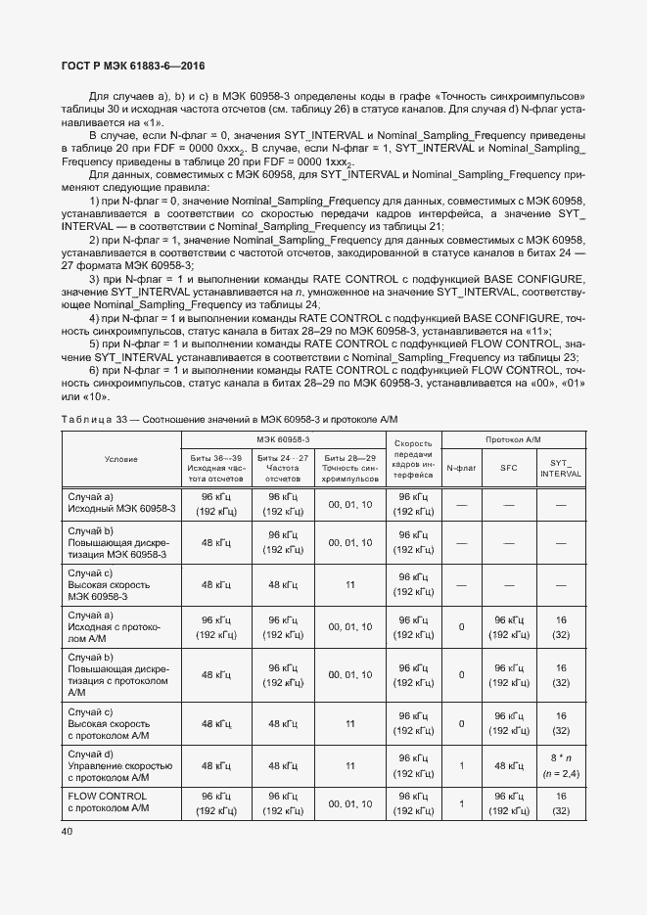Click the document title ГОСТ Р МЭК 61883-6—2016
pyautogui.click(x=132, y=66)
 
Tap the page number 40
pyautogui.click(x=68, y=832)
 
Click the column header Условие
pyautogui.click(x=121, y=459)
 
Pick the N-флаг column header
pyautogui.click(x=461, y=468)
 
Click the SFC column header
pyautogui.click(x=509, y=468)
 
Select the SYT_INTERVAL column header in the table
pyautogui.click(x=561, y=468)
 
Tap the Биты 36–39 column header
pyautogui.click(x=213, y=468)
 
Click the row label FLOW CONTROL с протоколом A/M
pyautogui.click(x=108, y=802)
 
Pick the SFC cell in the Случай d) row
pyautogui.click(x=509, y=765)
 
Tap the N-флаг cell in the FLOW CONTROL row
pyautogui.click(x=461, y=803)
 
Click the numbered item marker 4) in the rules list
pyautogui.click(x=94, y=318)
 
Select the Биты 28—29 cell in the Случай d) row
pyautogui.click(x=349, y=765)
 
